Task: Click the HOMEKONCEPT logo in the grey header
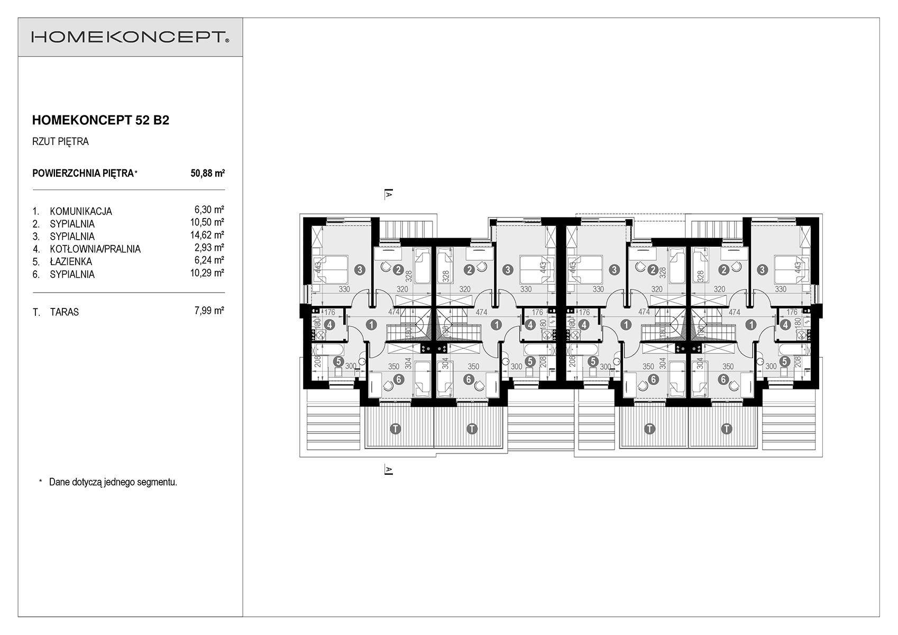click(x=130, y=37)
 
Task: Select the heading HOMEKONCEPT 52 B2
click(x=100, y=120)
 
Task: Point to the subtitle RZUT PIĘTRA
click(x=60, y=142)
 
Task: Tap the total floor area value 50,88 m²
click(x=208, y=173)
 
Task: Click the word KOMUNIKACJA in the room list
click(x=81, y=211)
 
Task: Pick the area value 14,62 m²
click(x=207, y=234)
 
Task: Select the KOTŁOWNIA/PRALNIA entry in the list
click(x=95, y=249)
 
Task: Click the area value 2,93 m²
click(x=209, y=247)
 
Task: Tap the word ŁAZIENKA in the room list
click(x=71, y=261)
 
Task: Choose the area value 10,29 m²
click(x=207, y=273)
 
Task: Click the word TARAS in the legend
click(x=65, y=312)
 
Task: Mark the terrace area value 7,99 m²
click(x=209, y=310)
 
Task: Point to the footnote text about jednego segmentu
click(x=113, y=482)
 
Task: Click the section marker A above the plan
click(x=388, y=194)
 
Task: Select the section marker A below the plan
click(x=388, y=470)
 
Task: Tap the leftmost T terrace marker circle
click(x=395, y=429)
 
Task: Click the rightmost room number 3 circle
click(x=762, y=269)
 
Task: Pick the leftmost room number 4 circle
click(x=329, y=324)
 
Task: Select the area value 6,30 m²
click(x=209, y=210)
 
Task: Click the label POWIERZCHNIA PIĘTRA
click(x=83, y=173)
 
